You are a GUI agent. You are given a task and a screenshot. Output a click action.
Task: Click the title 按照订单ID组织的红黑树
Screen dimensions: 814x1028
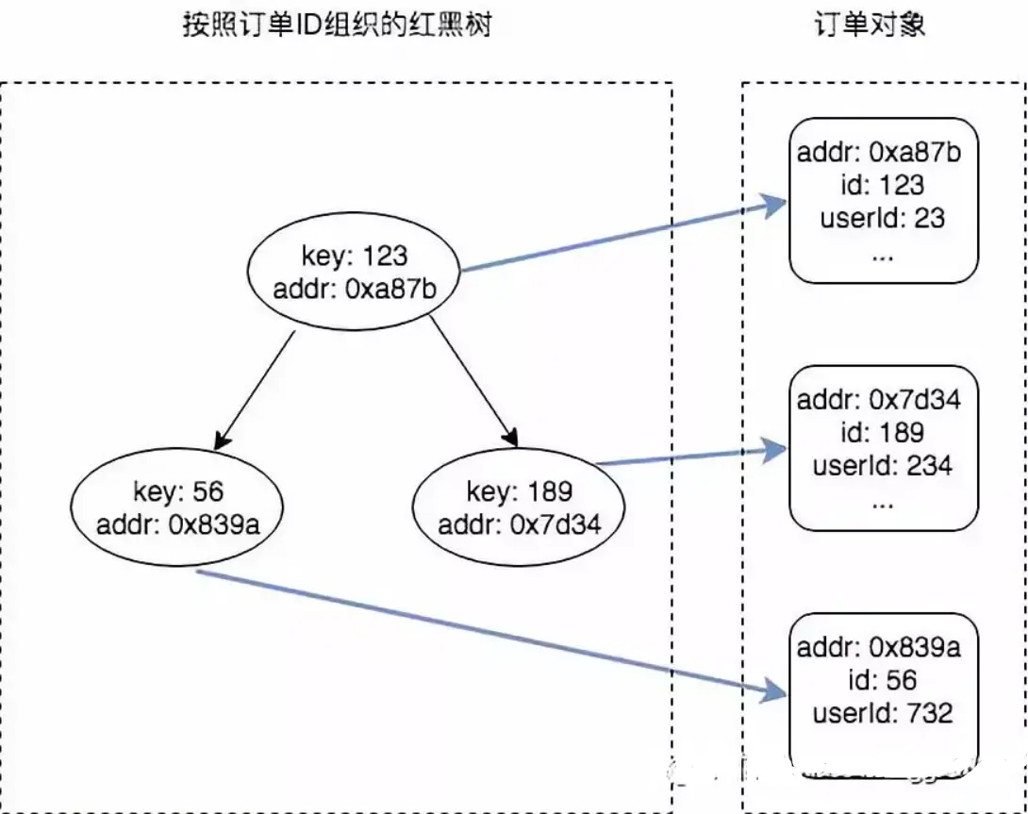pyautogui.click(x=337, y=25)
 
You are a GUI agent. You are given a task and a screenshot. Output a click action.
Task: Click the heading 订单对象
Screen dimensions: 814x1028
pyautogui.click(x=870, y=25)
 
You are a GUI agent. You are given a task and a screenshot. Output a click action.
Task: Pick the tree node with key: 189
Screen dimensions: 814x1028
pyautogui.click(x=519, y=507)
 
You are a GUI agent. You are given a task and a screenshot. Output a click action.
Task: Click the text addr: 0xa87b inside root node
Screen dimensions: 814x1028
pyautogui.click(x=356, y=286)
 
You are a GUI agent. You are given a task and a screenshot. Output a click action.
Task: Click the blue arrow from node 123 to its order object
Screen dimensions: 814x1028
pyautogui.click(x=622, y=236)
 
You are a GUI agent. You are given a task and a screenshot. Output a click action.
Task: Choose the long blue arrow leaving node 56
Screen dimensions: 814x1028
pyautogui.click(x=490, y=632)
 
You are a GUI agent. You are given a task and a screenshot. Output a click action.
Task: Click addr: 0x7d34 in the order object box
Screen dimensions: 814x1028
pyautogui.click(x=878, y=399)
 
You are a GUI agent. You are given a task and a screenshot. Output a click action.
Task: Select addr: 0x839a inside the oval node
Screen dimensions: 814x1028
pyautogui.click(x=177, y=524)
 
